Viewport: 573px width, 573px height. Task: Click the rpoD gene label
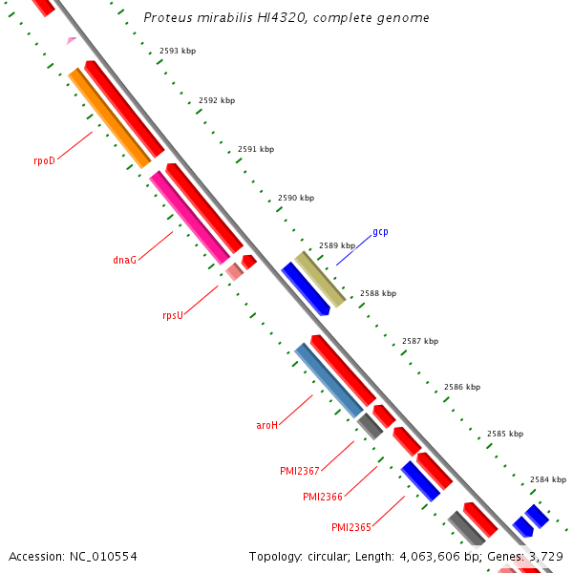(x=44, y=160)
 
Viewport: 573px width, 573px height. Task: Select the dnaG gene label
(x=124, y=260)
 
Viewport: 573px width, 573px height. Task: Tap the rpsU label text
(x=172, y=315)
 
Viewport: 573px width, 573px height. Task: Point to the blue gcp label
(x=380, y=232)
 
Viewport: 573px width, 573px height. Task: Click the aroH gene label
(x=266, y=425)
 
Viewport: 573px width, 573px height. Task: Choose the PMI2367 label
(x=299, y=471)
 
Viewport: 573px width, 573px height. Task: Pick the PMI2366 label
(x=322, y=497)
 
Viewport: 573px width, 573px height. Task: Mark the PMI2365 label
(x=350, y=527)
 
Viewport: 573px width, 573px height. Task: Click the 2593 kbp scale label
(x=178, y=51)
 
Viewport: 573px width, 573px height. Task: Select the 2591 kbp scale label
(x=256, y=149)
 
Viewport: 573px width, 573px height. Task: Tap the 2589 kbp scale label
(x=337, y=245)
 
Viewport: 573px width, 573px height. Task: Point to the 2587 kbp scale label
(x=420, y=341)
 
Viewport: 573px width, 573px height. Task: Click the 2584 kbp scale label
(x=548, y=479)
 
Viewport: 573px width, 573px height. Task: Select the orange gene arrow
(x=110, y=118)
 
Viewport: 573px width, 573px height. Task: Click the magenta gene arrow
(x=189, y=217)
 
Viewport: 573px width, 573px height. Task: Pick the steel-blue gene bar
(x=329, y=380)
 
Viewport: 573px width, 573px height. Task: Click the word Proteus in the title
(x=166, y=18)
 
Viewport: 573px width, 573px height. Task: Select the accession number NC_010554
(x=105, y=556)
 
